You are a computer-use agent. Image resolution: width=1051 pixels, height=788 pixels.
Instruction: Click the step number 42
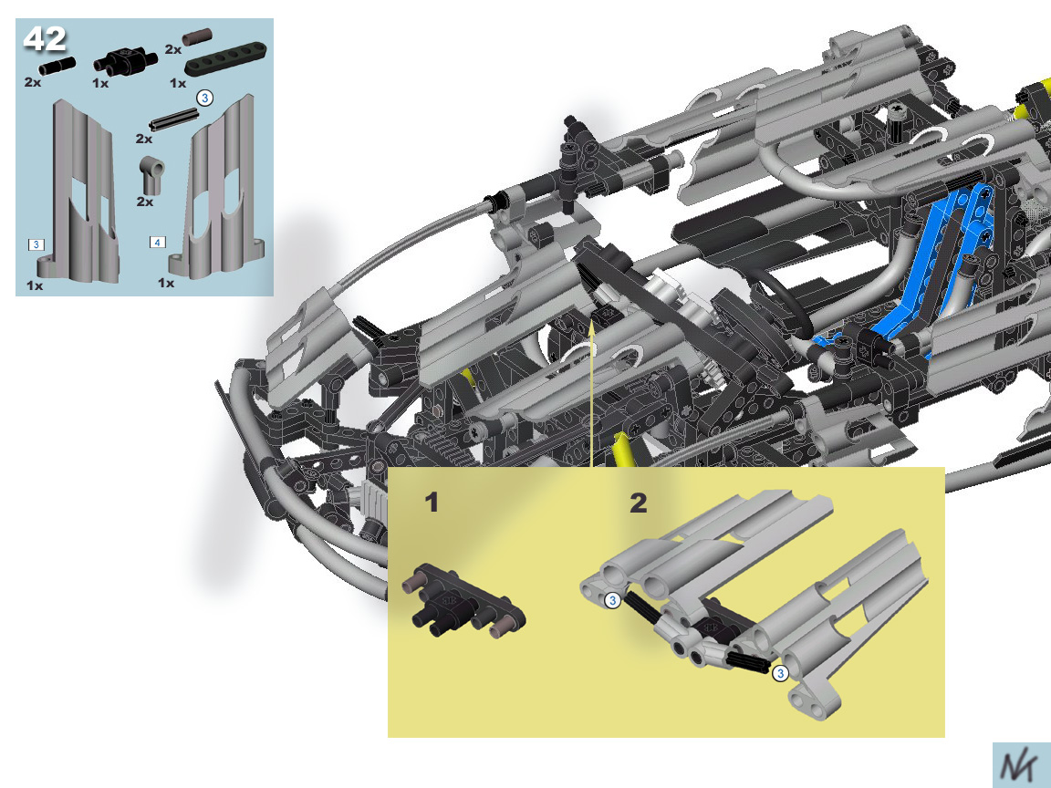coord(45,39)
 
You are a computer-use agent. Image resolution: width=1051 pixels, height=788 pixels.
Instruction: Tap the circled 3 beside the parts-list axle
coord(204,98)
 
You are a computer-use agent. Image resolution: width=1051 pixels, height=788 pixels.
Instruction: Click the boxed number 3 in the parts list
coord(36,244)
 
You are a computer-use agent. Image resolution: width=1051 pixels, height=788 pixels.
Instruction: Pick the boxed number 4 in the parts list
coord(157,242)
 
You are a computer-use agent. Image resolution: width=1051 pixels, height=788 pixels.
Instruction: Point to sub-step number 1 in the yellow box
coord(432,503)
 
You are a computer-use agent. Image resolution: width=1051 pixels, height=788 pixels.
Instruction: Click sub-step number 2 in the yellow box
coord(638,503)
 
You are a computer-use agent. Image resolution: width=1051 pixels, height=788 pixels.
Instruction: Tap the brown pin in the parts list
coord(197,36)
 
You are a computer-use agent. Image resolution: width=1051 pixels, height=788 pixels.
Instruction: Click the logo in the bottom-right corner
coord(1021,765)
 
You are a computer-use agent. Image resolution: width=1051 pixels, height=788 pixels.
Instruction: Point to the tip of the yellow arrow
coord(592,322)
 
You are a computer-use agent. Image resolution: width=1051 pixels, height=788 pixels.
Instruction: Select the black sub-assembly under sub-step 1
coord(463,601)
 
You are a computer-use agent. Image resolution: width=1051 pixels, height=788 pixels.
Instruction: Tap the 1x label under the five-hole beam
coord(178,83)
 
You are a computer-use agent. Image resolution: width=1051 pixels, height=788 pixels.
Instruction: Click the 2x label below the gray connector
coord(145,202)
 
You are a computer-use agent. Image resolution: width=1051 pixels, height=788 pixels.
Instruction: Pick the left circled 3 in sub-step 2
coord(613,600)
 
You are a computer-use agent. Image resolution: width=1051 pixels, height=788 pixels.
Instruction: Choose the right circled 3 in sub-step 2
coord(780,673)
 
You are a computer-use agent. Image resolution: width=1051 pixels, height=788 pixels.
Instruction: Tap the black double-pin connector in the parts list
coord(125,60)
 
